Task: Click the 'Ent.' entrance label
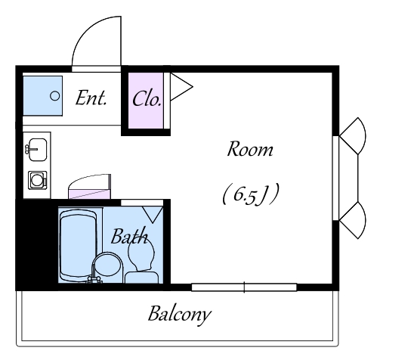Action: pyautogui.click(x=91, y=98)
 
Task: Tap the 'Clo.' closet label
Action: pyautogui.click(x=147, y=99)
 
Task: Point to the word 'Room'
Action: pyautogui.click(x=250, y=149)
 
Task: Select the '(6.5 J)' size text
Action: pyautogui.click(x=251, y=194)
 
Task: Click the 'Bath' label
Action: pyautogui.click(x=129, y=236)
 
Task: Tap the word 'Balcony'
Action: pyautogui.click(x=180, y=315)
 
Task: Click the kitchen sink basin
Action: pyautogui.click(x=37, y=150)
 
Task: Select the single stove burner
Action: pyautogui.click(x=37, y=180)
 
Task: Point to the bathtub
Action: pyautogui.click(x=78, y=245)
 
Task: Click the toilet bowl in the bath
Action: pyautogui.click(x=141, y=256)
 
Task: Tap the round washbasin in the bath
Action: pyautogui.click(x=108, y=266)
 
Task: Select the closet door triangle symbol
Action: pyautogui.click(x=181, y=87)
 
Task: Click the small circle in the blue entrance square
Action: pyautogui.click(x=54, y=96)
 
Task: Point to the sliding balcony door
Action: pyautogui.click(x=244, y=287)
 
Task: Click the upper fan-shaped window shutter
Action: pyautogui.click(x=354, y=135)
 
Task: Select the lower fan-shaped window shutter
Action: pyautogui.click(x=354, y=220)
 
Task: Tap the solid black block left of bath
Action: pyautogui.click(x=37, y=244)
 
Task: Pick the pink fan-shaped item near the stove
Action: pyautogui.click(x=90, y=186)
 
